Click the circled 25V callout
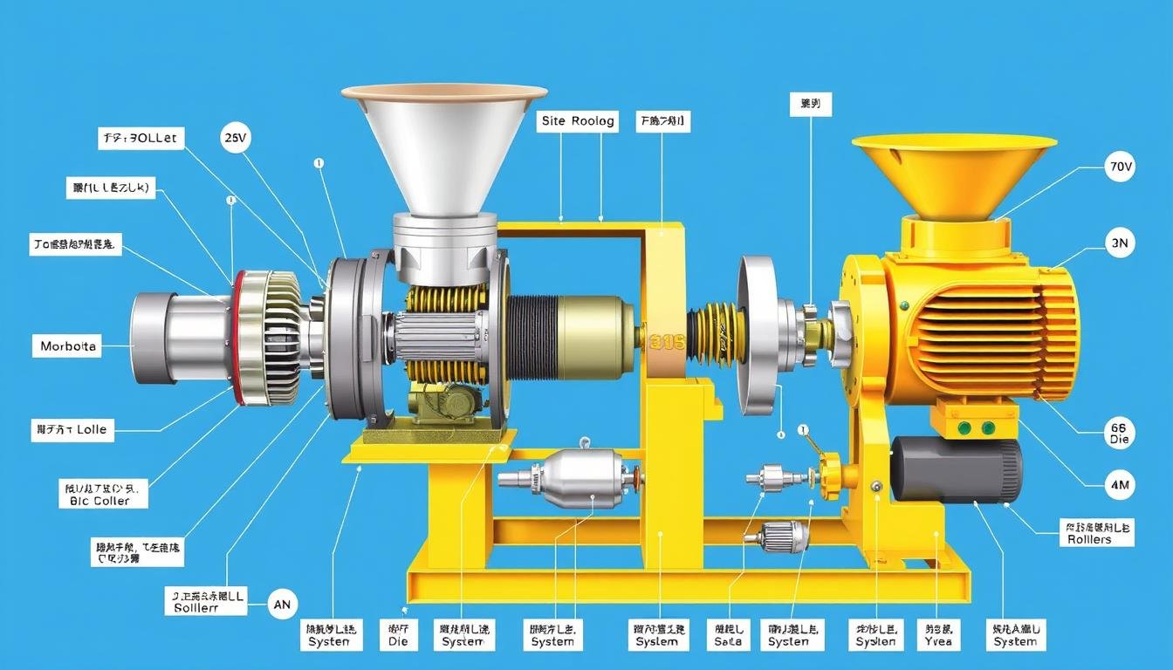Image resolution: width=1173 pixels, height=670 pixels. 236,138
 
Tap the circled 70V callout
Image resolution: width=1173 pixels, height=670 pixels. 1119,166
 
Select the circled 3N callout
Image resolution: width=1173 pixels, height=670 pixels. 1119,245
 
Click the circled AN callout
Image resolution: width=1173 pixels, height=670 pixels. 282,604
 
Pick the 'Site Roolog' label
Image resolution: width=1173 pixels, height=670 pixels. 577,121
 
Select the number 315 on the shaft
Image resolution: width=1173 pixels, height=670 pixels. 667,342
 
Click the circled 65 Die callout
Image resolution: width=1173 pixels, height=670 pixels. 1119,433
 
